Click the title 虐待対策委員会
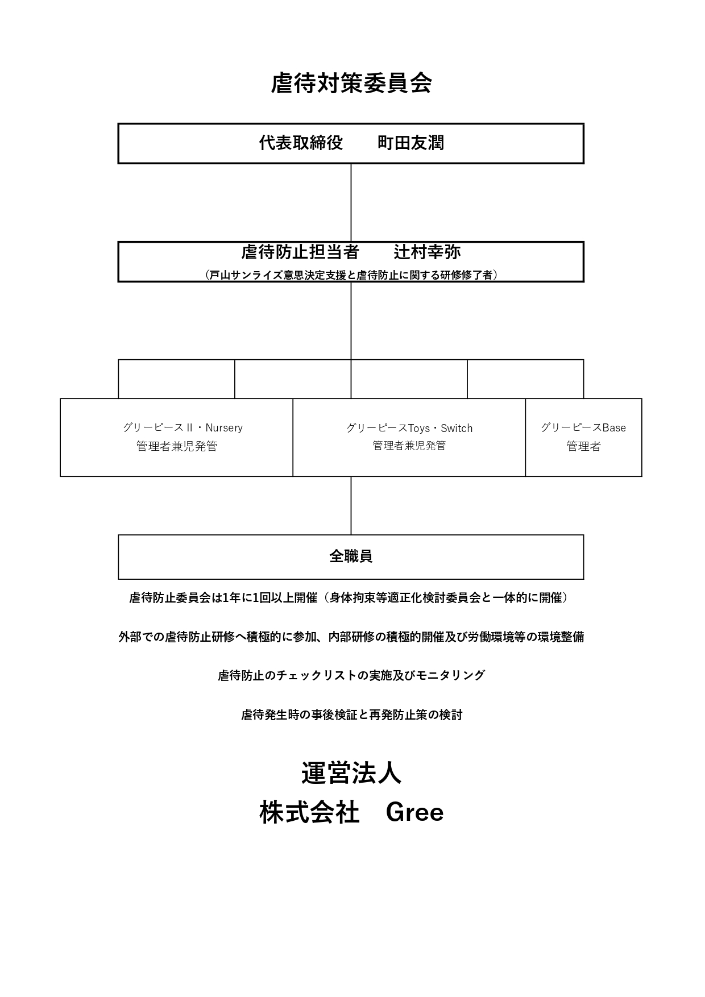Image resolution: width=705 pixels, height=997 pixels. pyautogui.click(x=351, y=83)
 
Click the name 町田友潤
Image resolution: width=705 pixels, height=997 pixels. pyautogui.click(x=410, y=143)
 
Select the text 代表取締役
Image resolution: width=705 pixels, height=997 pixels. pyautogui.click(x=301, y=143)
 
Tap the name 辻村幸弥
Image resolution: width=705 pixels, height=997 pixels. pyautogui.click(x=427, y=252)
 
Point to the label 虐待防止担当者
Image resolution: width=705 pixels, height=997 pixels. pyautogui.click(x=300, y=252)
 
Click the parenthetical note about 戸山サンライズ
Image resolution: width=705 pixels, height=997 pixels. pyautogui.click(x=351, y=275)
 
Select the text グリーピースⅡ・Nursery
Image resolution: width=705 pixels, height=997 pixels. pyautogui.click(x=183, y=427)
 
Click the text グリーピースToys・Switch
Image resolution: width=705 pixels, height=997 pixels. pyautogui.click(x=409, y=428)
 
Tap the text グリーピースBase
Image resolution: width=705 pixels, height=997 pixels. pyautogui.click(x=583, y=427)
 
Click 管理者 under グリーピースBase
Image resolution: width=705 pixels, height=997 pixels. pyautogui.click(x=583, y=446)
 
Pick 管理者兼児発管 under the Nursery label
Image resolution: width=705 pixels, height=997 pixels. pyautogui.click(x=177, y=446)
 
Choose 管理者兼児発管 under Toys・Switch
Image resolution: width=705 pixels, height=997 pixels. pyautogui.click(x=409, y=446)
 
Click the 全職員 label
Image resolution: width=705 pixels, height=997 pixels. pyautogui.click(x=351, y=556)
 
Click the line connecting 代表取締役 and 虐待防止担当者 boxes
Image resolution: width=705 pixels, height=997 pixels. pyautogui.click(x=351, y=202)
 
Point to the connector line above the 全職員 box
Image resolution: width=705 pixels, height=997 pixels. pyautogui.click(x=351, y=505)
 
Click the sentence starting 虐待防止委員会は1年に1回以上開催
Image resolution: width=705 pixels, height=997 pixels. pyautogui.click(x=349, y=597)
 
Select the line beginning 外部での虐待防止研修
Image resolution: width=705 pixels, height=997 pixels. pyautogui.click(x=351, y=637)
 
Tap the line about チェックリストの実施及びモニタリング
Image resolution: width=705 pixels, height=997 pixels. pyautogui.click(x=351, y=675)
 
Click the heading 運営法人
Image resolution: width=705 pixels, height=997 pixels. pyautogui.click(x=351, y=773)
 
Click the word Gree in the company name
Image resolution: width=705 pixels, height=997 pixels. pyautogui.click(x=414, y=812)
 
